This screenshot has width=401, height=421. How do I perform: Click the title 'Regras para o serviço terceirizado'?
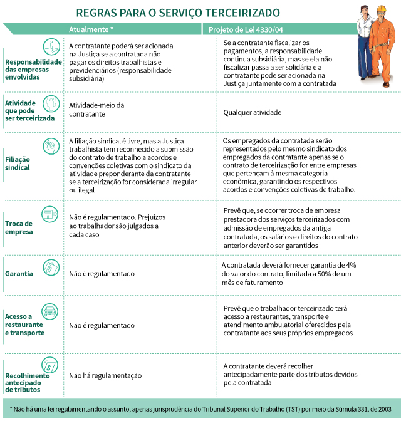(178, 12)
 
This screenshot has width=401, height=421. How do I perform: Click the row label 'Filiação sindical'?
(18, 164)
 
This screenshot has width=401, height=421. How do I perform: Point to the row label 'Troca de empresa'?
(19, 227)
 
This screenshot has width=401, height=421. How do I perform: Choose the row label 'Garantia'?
(19, 274)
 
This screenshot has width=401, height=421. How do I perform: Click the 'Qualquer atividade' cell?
(253, 113)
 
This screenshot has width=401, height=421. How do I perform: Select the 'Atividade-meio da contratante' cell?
(96, 110)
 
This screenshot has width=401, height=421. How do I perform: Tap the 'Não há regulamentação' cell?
(105, 375)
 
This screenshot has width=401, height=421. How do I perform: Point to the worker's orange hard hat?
(381, 9)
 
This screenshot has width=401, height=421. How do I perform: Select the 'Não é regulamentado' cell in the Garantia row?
(102, 274)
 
